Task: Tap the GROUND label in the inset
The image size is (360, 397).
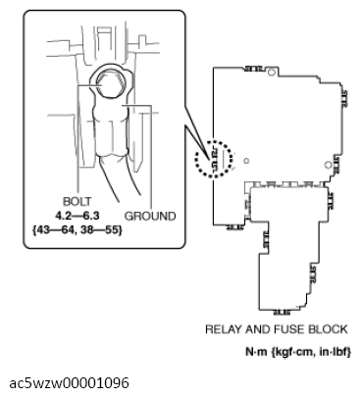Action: pos(150,216)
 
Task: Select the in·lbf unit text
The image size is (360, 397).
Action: pos(334,350)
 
